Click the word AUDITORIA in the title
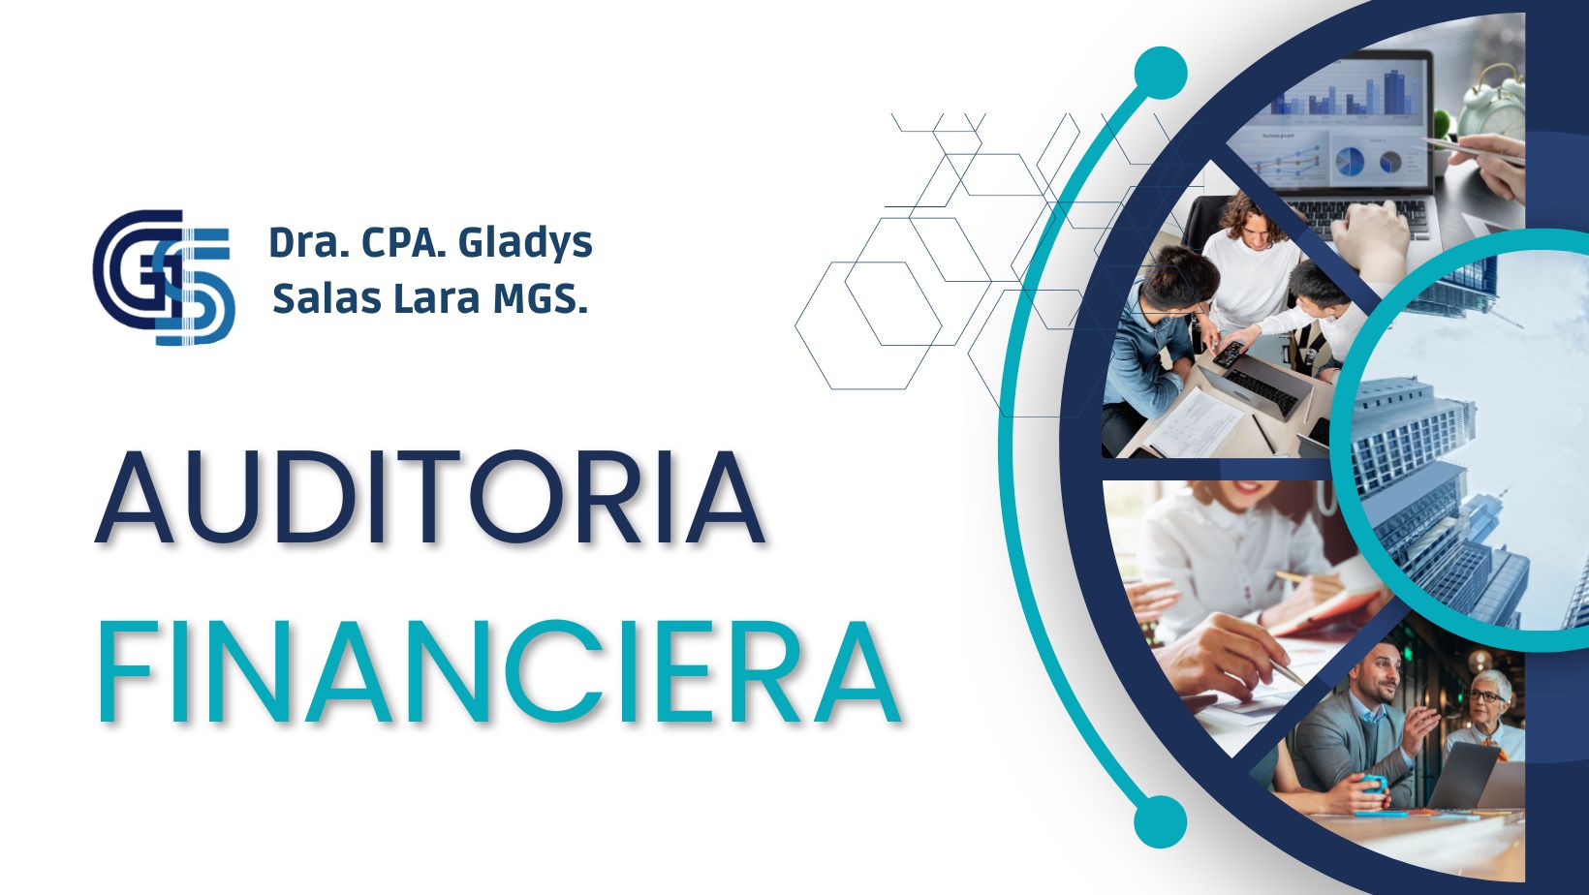[x=430, y=497]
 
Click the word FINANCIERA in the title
[x=499, y=671]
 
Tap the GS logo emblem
[x=164, y=277]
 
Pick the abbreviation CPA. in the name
[x=402, y=242]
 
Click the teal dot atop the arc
[x=1161, y=73]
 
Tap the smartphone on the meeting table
[x=1229, y=354]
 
